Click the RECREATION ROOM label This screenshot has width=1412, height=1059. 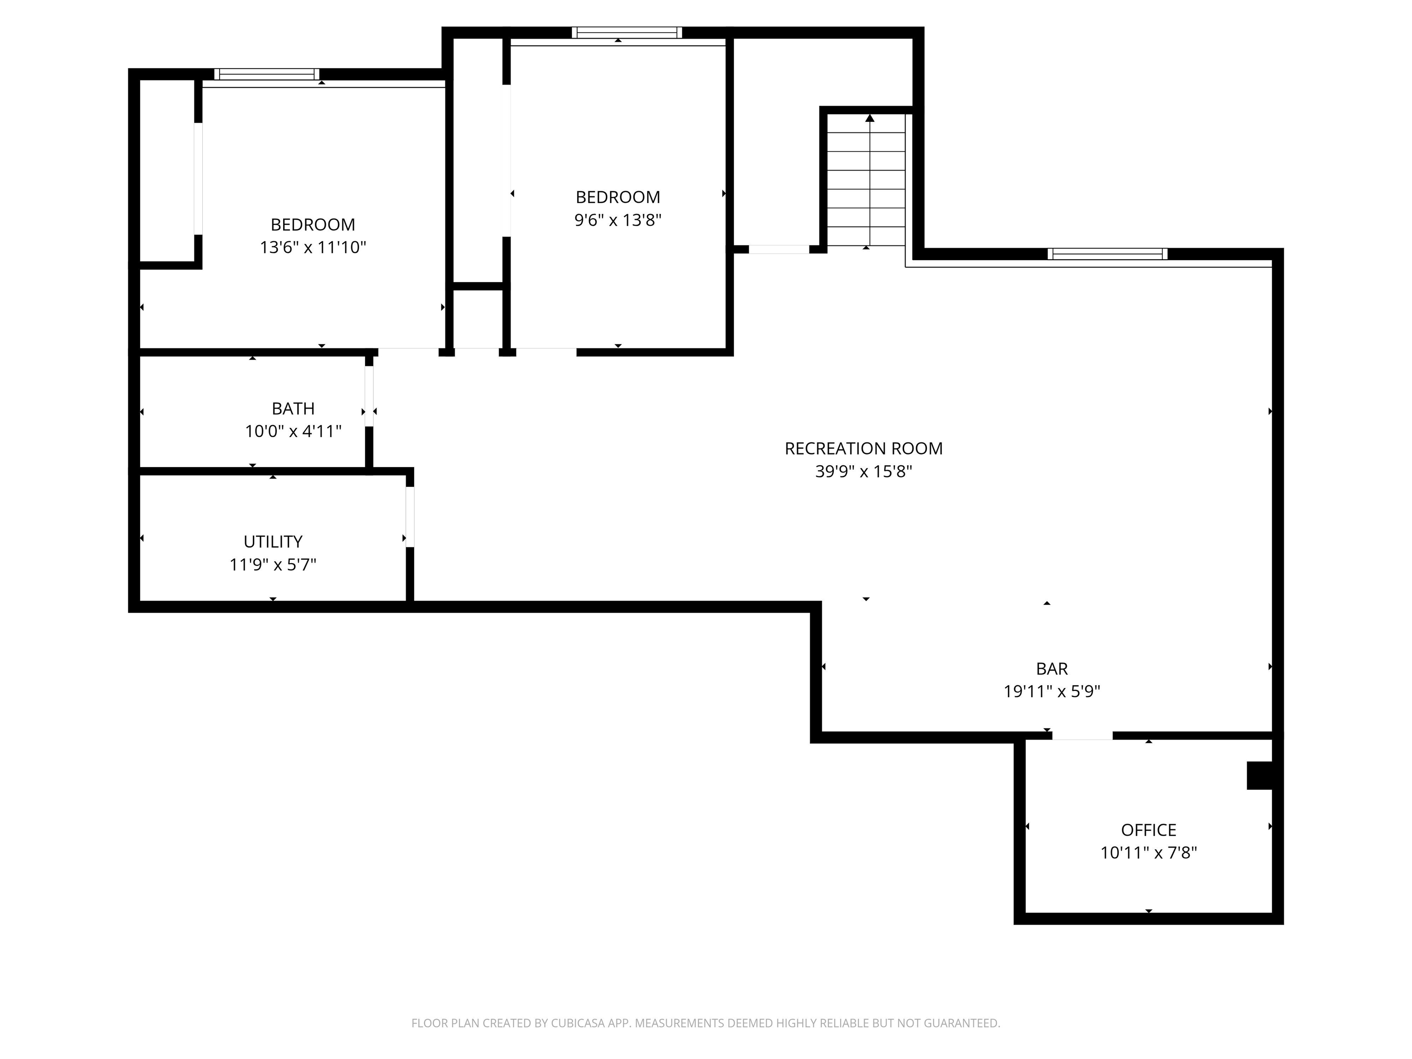tap(863, 449)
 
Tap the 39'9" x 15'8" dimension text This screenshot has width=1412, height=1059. tap(863, 472)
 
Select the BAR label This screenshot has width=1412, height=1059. tap(1051, 669)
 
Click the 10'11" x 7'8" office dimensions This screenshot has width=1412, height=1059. tap(1148, 853)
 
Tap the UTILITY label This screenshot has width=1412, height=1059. tap(273, 542)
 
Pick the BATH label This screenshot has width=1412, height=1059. tap(293, 409)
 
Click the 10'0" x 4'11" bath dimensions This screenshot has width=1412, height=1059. tap(293, 432)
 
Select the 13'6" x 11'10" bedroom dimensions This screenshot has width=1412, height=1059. tap(313, 248)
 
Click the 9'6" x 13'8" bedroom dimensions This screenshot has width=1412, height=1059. tap(617, 220)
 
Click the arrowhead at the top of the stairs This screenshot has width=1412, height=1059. tap(870, 118)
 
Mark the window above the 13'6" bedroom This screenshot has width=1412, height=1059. tap(267, 74)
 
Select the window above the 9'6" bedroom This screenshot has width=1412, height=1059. tap(626, 33)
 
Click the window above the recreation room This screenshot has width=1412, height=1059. tap(1107, 254)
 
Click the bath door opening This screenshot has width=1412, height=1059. tap(369, 396)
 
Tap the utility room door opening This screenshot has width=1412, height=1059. tap(410, 517)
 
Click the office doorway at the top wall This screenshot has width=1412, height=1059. tap(1082, 736)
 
